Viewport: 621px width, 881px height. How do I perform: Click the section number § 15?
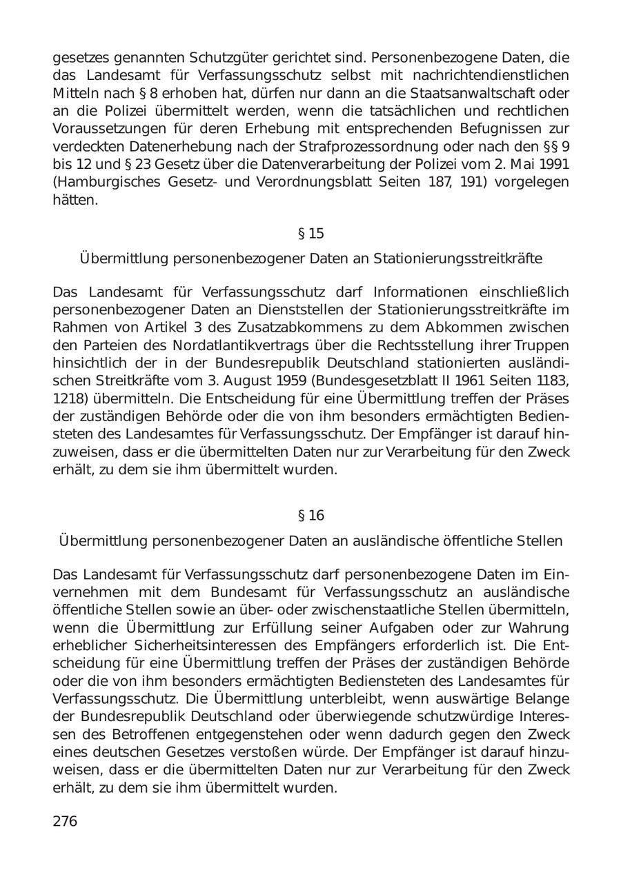pos(310,233)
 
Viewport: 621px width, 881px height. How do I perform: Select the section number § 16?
pos(310,516)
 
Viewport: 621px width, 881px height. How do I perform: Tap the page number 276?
pos(65,821)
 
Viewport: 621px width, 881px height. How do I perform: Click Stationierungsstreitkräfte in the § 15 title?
pos(457,259)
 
